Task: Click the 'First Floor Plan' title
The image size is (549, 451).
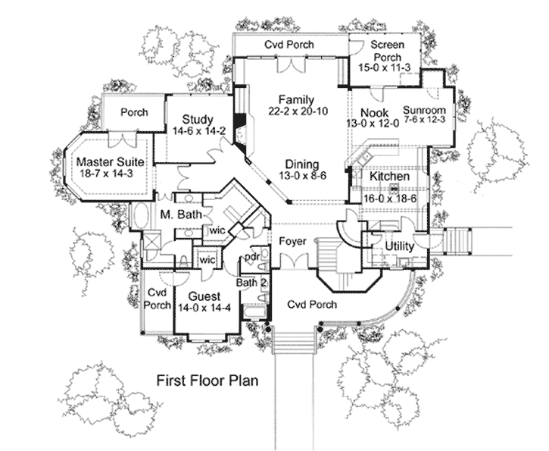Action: (207, 379)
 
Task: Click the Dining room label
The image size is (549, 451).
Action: (301, 164)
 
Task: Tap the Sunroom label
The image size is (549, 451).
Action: (424, 109)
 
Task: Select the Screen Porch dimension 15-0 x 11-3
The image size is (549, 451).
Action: (386, 67)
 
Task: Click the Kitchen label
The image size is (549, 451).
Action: (389, 177)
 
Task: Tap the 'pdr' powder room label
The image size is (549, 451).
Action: (251, 257)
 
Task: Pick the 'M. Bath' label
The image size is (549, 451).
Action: (179, 215)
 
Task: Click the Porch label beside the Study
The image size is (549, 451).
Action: (134, 113)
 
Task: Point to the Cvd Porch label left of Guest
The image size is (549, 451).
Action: (158, 297)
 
